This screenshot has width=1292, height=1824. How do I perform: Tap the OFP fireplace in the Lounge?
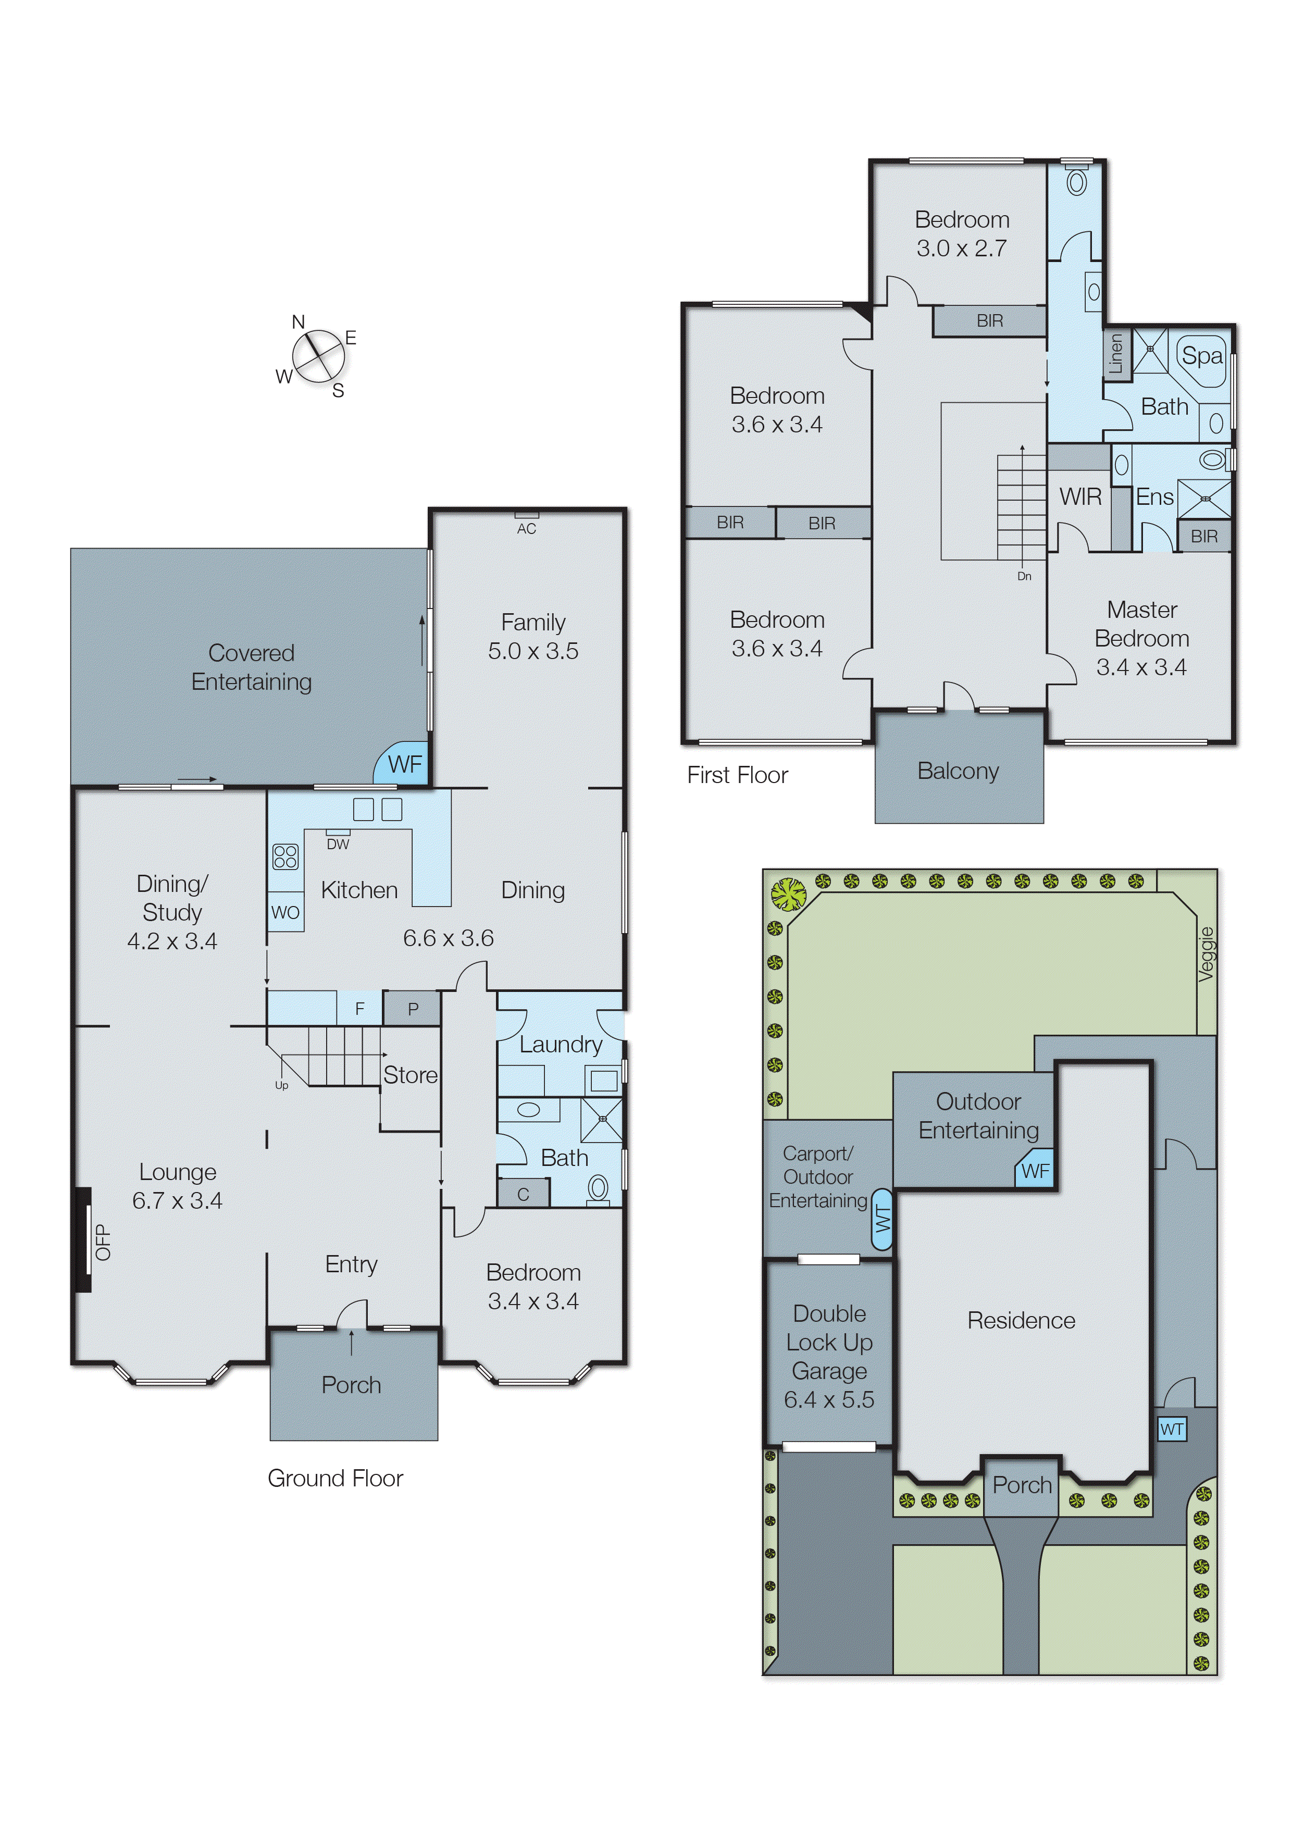(x=83, y=1241)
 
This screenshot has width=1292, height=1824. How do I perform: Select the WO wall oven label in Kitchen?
(x=285, y=912)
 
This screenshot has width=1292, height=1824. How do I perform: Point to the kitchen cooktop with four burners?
(x=285, y=857)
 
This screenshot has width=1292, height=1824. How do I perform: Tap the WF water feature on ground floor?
(x=404, y=764)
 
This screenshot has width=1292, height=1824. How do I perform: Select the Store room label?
(x=409, y=1075)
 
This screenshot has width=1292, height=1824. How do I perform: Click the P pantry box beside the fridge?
(x=412, y=1009)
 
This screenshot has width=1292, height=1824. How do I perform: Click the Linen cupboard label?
(x=1115, y=353)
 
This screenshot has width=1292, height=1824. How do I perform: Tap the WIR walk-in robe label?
(x=1079, y=497)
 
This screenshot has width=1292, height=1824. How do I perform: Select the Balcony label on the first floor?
(x=958, y=771)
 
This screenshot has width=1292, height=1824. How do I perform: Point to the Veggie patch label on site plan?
(x=1206, y=954)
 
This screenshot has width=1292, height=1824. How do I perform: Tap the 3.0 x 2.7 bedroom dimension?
(x=961, y=248)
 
